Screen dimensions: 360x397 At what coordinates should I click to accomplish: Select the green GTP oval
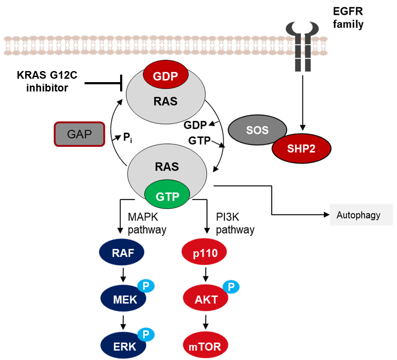point(167,197)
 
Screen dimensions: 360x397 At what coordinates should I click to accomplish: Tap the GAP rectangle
point(80,134)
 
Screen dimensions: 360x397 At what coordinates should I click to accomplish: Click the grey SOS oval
point(257,130)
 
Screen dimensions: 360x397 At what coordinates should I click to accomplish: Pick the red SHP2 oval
point(301,149)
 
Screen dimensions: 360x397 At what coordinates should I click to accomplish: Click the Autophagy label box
point(361,215)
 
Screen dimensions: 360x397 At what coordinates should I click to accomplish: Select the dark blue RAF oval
point(122,252)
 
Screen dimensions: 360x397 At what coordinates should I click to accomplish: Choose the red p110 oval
point(204,253)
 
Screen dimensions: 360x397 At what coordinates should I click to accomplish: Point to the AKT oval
point(205,299)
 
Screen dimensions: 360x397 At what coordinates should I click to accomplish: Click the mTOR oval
point(205,346)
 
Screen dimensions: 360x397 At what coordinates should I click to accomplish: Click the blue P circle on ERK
point(146,334)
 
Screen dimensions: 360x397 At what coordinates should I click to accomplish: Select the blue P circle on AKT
point(231,287)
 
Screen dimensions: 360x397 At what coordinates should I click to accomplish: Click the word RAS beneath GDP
point(166,102)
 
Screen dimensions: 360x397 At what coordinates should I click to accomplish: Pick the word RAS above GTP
point(167,166)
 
